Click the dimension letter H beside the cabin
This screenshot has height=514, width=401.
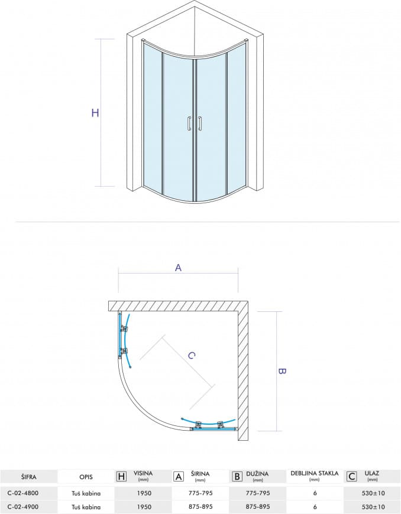95,113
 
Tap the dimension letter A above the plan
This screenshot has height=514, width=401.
178,268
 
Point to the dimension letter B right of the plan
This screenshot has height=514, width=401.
282,371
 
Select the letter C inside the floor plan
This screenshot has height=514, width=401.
192,355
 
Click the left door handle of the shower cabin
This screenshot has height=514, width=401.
189,123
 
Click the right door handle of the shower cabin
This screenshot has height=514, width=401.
199,123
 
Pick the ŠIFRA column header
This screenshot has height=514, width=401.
29,477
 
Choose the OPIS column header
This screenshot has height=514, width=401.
86,477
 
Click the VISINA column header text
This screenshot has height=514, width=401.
143,473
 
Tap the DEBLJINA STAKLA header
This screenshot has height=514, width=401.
315,473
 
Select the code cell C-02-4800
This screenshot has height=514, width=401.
22,493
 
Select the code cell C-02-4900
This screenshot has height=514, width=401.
22,507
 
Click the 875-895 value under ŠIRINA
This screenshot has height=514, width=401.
200,507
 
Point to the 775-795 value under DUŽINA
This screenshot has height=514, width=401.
258,493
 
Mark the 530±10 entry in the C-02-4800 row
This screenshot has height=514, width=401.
372,493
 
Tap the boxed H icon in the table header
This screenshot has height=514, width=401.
121,476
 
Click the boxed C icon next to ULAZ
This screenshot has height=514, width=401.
352,476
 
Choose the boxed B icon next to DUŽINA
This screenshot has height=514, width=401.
237,476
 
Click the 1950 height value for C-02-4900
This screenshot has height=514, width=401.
144,507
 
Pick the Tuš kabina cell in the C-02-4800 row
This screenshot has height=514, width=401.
86,493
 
